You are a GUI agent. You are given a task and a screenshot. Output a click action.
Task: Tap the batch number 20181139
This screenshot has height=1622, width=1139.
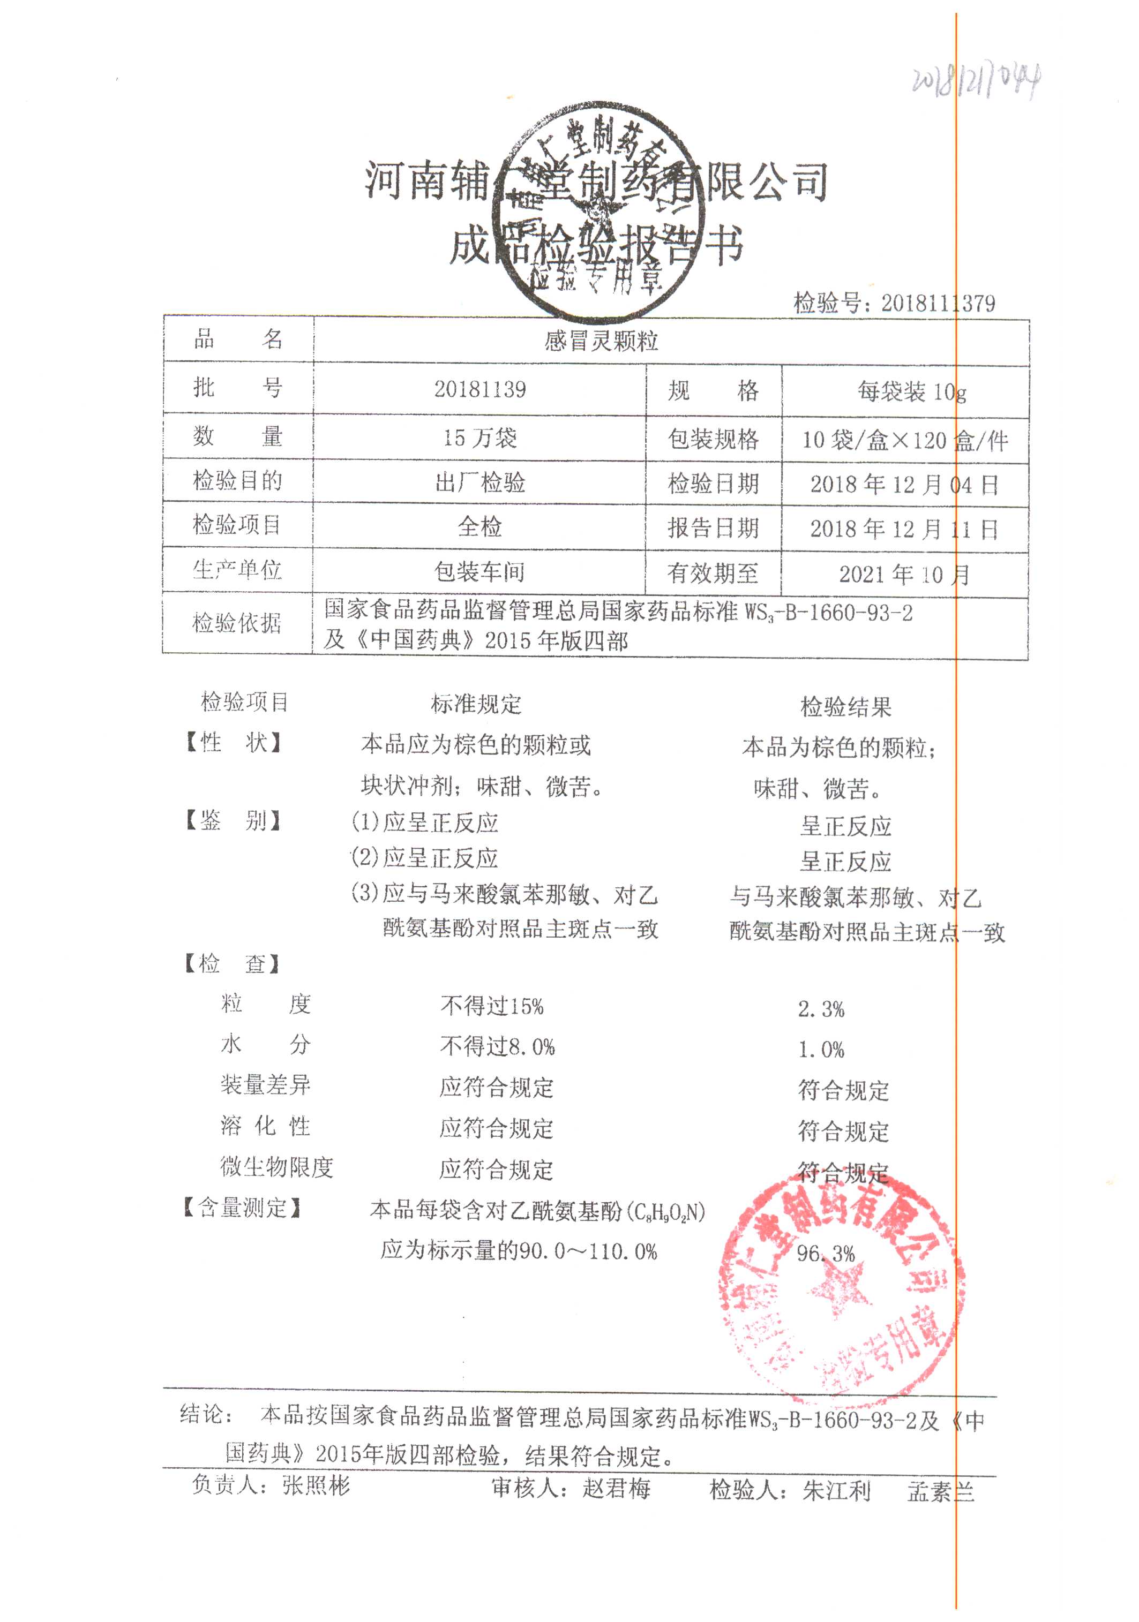(x=480, y=389)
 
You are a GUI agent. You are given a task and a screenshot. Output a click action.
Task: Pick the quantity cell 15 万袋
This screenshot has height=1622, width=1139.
(x=480, y=438)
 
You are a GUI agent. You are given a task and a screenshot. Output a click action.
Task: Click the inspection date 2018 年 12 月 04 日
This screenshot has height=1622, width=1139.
(x=904, y=485)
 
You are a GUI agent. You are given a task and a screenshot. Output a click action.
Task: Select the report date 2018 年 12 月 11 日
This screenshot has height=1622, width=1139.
(x=904, y=529)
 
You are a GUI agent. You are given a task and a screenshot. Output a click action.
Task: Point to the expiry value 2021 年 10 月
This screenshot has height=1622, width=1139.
(x=904, y=575)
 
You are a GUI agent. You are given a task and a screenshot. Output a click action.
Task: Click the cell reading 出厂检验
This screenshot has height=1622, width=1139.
(x=480, y=483)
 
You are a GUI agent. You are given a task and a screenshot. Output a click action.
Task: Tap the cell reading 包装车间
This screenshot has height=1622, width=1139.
(x=480, y=571)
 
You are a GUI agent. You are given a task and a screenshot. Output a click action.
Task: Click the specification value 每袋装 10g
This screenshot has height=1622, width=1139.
(x=911, y=391)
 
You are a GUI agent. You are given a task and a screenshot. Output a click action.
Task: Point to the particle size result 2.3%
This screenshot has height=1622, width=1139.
(x=821, y=1009)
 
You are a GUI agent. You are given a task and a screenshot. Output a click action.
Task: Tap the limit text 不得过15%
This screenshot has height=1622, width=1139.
(x=492, y=1007)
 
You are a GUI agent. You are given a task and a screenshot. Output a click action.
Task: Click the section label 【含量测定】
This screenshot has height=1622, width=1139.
(x=242, y=1209)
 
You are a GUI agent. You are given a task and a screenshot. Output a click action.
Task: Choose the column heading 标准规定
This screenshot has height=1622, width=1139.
(x=476, y=704)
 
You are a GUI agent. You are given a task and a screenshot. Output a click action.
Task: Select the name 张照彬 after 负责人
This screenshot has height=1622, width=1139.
(x=316, y=1485)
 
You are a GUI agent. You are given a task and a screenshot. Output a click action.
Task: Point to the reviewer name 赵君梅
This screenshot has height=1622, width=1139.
(x=616, y=1489)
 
